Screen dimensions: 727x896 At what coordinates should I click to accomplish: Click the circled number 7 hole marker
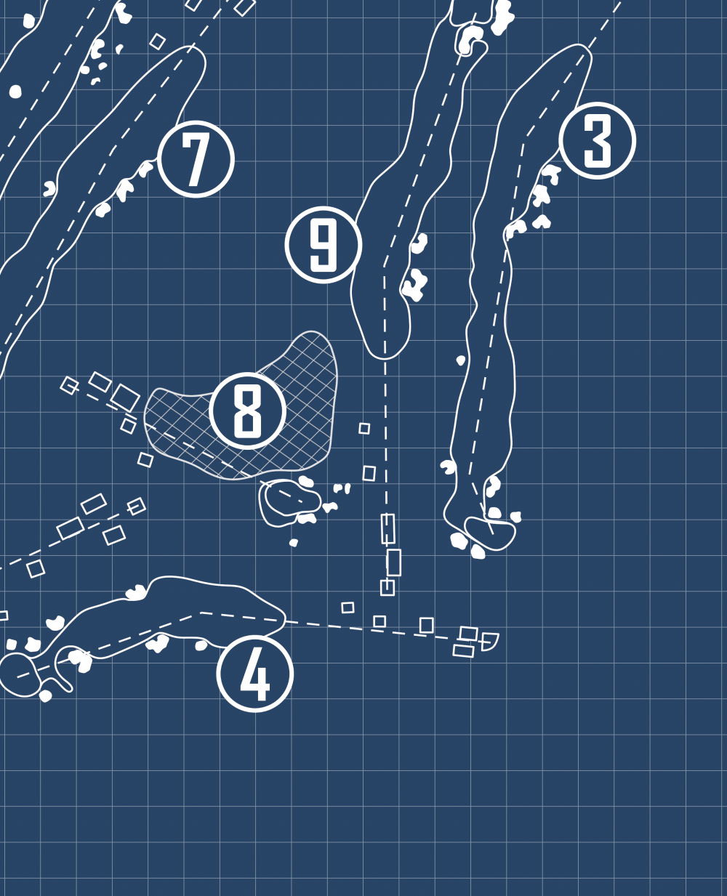tap(196, 159)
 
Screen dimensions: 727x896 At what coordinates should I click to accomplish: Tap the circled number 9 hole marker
tap(323, 245)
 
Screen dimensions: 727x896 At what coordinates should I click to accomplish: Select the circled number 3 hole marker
tap(598, 140)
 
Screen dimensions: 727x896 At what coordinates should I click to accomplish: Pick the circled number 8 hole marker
tap(247, 411)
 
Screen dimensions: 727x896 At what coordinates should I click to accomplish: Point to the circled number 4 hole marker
tap(255, 674)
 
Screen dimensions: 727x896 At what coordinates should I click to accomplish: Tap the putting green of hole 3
tap(490, 533)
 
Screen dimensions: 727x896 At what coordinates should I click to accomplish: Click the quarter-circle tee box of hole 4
tap(489, 641)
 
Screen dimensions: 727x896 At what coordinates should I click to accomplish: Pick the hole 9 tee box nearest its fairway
tap(388, 529)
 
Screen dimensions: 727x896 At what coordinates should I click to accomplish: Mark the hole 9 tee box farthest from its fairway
tap(387, 587)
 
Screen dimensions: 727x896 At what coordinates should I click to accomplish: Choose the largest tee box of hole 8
tap(125, 397)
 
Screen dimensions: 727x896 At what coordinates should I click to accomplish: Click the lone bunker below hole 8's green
tap(293, 543)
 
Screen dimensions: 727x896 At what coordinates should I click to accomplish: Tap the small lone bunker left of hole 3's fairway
tap(461, 360)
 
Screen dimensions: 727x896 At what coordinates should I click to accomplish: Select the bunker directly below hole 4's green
tap(45, 695)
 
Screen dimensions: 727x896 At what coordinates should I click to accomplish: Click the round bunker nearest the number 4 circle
tap(201, 645)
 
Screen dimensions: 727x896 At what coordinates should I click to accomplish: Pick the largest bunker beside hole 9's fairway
tap(414, 285)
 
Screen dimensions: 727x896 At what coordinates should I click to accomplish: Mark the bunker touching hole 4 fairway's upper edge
tap(136, 592)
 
